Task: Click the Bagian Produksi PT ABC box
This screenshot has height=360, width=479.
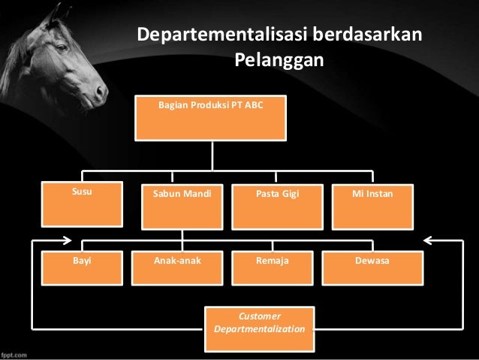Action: click(x=210, y=117)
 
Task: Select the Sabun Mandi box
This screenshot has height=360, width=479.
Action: click(x=182, y=205)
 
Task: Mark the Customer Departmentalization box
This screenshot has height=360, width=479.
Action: click(x=260, y=323)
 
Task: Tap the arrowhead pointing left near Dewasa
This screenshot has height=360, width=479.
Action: click(x=429, y=241)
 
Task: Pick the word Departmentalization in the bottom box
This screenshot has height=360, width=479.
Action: click(x=260, y=330)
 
